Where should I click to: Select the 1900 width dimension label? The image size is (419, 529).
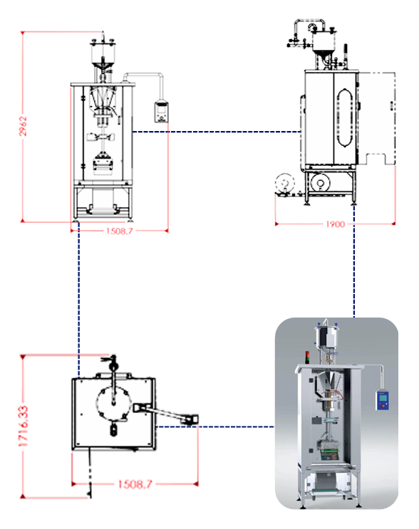334,224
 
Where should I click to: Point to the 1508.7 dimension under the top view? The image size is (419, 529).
133,483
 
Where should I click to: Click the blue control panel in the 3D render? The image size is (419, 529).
383,399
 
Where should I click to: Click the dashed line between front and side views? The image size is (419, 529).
214,131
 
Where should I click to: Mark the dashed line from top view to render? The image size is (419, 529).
214,427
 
